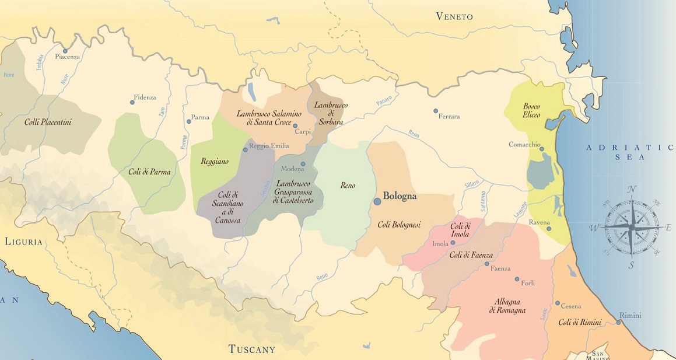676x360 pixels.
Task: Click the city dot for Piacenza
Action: (66, 50)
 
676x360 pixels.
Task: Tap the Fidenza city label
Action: (145, 97)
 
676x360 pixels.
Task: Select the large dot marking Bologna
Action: (377, 201)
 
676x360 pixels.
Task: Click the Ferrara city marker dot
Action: (435, 111)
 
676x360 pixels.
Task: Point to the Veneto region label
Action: (454, 16)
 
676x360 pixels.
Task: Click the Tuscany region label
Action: (251, 349)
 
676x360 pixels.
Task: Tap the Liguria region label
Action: (23, 241)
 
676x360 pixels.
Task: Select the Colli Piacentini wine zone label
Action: (48, 122)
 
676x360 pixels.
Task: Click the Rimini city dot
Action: (619, 322)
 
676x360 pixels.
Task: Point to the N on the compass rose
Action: (631, 189)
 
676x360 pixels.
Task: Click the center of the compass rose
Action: (631, 226)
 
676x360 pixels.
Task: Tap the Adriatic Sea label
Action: (630, 152)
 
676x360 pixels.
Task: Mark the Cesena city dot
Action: (558, 303)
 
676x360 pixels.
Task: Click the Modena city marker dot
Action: (303, 164)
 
